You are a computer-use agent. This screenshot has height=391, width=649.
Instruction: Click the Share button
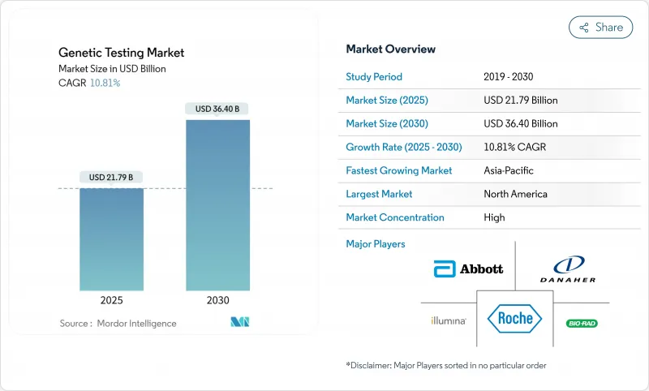pyautogui.click(x=600, y=27)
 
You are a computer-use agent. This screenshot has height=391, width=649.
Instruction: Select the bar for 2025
pyautogui.click(x=111, y=239)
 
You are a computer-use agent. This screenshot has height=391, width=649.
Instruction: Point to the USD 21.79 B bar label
pyautogui.click(x=112, y=178)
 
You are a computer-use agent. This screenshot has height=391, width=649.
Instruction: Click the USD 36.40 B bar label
pyautogui.click(x=217, y=109)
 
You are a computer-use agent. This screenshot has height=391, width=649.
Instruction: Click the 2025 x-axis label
pyautogui.click(x=112, y=299)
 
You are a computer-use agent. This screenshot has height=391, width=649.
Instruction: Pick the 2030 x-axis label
pyautogui.click(x=217, y=299)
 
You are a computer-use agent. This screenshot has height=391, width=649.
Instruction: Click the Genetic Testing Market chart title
pyautogui.click(x=121, y=53)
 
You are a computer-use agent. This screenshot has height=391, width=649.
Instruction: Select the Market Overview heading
pyautogui.click(x=390, y=49)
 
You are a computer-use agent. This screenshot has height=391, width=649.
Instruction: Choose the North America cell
pyautogui.click(x=515, y=194)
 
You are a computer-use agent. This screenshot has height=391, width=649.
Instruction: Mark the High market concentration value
pyautogui.click(x=494, y=217)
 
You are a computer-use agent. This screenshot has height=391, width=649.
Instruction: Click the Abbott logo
pyautogui.click(x=468, y=269)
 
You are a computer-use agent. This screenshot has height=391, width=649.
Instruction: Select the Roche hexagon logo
pyautogui.click(x=514, y=319)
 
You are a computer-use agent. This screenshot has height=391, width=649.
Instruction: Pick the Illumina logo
pyautogui.click(x=448, y=321)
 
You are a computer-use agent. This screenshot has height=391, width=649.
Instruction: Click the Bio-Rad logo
pyautogui.click(x=581, y=323)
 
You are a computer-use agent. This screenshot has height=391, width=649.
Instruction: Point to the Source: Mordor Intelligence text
pyautogui.click(x=118, y=323)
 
